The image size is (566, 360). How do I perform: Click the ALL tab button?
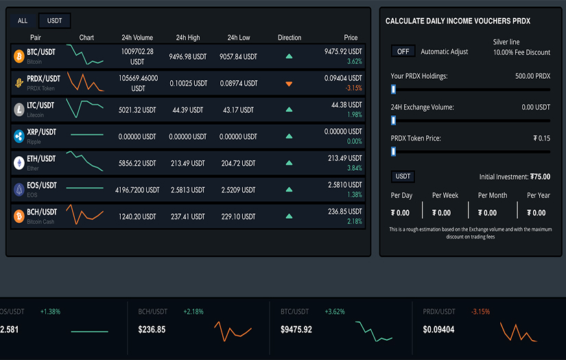tap(23, 21)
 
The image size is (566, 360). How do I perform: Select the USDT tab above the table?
tap(54, 21)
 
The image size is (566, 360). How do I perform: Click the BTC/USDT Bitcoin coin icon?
tap(19, 56)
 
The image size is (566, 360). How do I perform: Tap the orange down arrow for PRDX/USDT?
tap(289, 83)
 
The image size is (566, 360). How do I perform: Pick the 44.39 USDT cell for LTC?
tap(188, 110)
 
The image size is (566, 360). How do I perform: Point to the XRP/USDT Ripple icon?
tap(19, 136)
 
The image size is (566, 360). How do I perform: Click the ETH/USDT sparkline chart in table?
tap(86, 163)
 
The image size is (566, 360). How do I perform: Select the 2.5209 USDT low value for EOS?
tap(238, 190)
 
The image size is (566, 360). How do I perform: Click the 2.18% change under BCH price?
tap(354, 221)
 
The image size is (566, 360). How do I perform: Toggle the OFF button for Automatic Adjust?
tap(403, 51)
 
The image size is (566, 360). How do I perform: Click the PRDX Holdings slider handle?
tap(393, 89)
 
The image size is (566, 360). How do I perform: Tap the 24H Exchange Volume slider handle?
tap(393, 121)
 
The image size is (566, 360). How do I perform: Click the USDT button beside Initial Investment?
tap(403, 177)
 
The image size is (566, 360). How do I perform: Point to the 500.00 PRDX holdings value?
tap(532, 76)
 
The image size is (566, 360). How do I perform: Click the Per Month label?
tap(492, 195)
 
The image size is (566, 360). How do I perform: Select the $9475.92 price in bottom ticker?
tap(296, 330)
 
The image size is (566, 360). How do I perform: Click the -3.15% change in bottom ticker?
tap(480, 312)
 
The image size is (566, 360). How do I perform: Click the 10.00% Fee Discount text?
tap(521, 53)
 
